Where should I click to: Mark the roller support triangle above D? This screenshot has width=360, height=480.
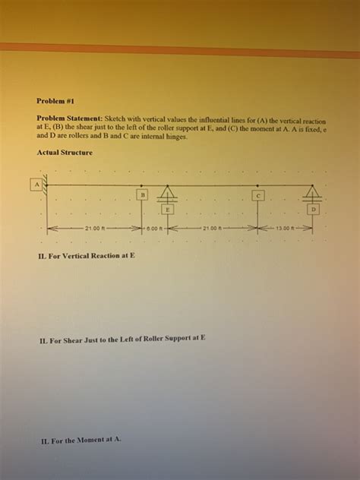[312, 192]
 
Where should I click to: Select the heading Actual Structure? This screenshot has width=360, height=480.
[65, 153]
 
